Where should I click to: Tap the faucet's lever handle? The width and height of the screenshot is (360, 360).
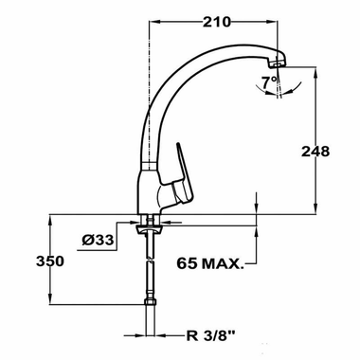point(186,171)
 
